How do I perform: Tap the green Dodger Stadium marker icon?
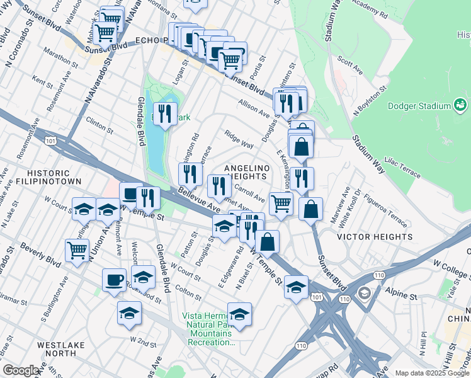pos(460,105)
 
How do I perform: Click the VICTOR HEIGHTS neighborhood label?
pos(375,238)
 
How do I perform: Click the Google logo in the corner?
pos(21,370)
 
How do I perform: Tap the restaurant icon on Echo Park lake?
pos(164,113)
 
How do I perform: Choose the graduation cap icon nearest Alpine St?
pos(295,287)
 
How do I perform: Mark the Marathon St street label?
pos(60,64)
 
